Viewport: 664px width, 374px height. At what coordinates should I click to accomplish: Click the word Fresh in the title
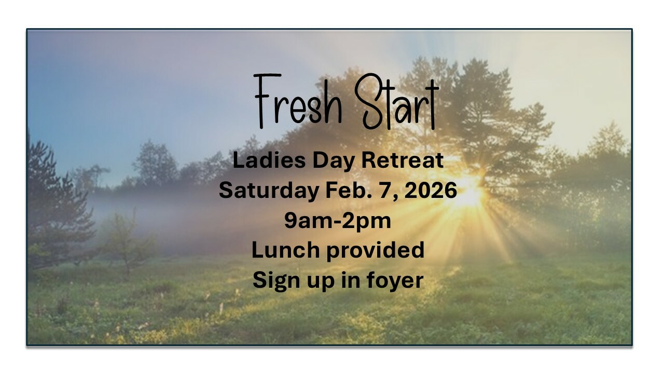[298, 101]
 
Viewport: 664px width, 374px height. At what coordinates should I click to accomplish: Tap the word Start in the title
[397, 101]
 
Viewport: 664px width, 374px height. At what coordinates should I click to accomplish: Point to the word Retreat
[403, 161]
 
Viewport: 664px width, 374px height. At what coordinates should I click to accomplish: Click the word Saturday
[269, 192]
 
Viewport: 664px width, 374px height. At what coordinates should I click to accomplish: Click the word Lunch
[286, 250]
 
